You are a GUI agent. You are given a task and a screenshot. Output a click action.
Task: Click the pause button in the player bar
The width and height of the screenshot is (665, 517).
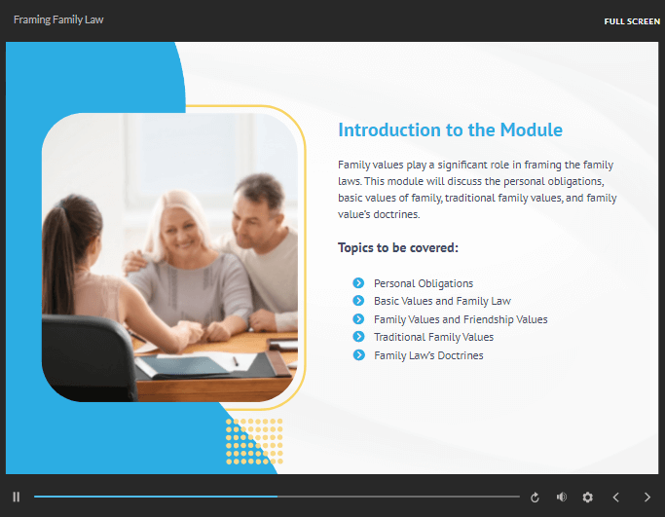[x=17, y=497]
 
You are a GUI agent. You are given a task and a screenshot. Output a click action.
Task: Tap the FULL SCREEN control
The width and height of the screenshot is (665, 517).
[x=632, y=21]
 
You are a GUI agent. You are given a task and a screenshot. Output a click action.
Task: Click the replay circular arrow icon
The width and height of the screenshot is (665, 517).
[x=535, y=498]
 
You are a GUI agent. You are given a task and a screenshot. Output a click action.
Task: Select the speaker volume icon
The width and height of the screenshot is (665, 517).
[x=562, y=497]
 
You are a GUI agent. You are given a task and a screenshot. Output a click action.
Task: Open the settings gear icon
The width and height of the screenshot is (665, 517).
[x=587, y=497]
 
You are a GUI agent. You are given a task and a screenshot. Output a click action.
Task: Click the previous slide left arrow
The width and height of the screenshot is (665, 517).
[x=615, y=497]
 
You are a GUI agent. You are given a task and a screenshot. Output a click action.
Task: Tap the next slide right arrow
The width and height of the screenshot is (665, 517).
[x=647, y=497]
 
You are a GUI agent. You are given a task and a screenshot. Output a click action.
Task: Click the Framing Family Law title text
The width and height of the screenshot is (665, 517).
[x=58, y=19]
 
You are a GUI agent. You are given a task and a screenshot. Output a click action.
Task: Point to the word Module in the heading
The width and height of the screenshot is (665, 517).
[x=531, y=129]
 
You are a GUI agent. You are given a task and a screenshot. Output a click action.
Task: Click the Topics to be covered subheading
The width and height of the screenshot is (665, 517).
[x=398, y=247]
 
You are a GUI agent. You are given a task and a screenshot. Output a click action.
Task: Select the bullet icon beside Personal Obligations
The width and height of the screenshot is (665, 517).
[x=358, y=283]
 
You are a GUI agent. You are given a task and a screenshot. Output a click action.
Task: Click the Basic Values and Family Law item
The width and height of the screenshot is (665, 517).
[x=442, y=301]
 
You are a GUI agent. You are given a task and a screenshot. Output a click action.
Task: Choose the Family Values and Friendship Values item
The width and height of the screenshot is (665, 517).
[x=461, y=319]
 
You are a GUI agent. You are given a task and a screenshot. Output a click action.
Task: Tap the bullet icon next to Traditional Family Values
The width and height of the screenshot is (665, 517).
[x=358, y=337]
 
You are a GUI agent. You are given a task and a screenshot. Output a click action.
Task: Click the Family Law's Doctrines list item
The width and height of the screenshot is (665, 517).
[x=428, y=355]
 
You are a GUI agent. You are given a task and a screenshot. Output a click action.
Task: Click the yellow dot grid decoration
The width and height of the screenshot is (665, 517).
[x=254, y=441]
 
